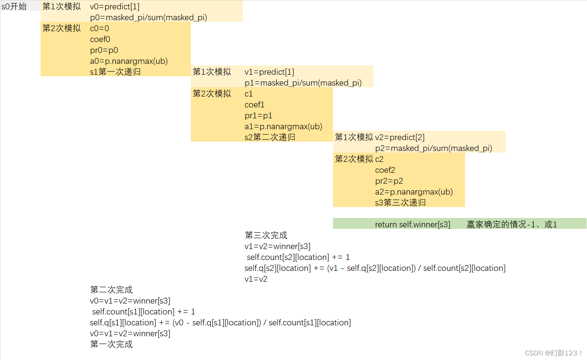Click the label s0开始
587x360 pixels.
14,7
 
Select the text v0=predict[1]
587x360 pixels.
115,7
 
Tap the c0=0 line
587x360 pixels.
99,28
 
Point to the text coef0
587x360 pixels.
100,39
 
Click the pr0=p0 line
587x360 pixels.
104,50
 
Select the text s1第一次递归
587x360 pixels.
115,72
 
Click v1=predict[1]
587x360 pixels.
269,72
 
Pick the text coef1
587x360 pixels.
254,105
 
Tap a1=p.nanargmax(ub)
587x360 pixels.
283,126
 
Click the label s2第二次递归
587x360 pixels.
270,137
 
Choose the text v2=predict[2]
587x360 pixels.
400,137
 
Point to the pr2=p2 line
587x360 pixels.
389,181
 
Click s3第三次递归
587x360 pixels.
400,203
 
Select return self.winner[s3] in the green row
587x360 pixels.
412,225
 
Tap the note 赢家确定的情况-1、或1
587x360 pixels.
512,225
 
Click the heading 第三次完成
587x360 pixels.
266,235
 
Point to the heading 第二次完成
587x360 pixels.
111,290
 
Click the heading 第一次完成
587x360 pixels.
111,344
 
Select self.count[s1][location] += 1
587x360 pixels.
144,312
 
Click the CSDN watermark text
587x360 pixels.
553,353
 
